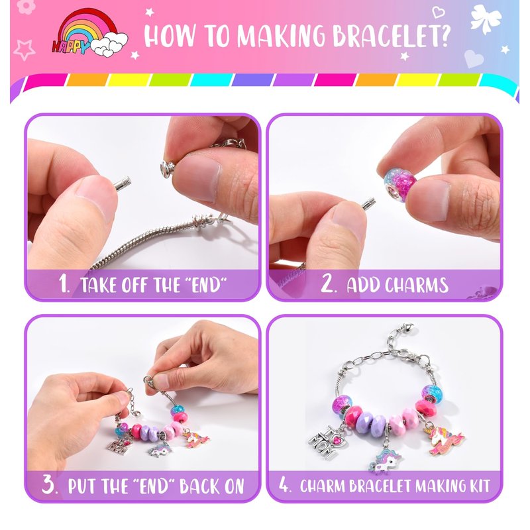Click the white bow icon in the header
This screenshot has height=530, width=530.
[x=486, y=19]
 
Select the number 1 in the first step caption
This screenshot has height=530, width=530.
[x=64, y=284]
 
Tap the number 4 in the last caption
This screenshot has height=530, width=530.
[x=284, y=485]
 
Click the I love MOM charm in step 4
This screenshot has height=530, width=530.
[x=325, y=441]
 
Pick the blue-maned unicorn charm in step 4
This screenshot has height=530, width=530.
[x=385, y=460]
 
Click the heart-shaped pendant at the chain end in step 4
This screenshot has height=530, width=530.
[x=409, y=327]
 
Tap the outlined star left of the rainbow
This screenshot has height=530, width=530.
[x=24, y=50]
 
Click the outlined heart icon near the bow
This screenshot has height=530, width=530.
[x=439, y=13]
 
